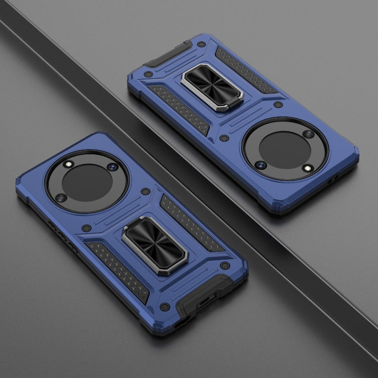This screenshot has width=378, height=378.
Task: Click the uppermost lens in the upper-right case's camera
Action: tap(308, 134)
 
